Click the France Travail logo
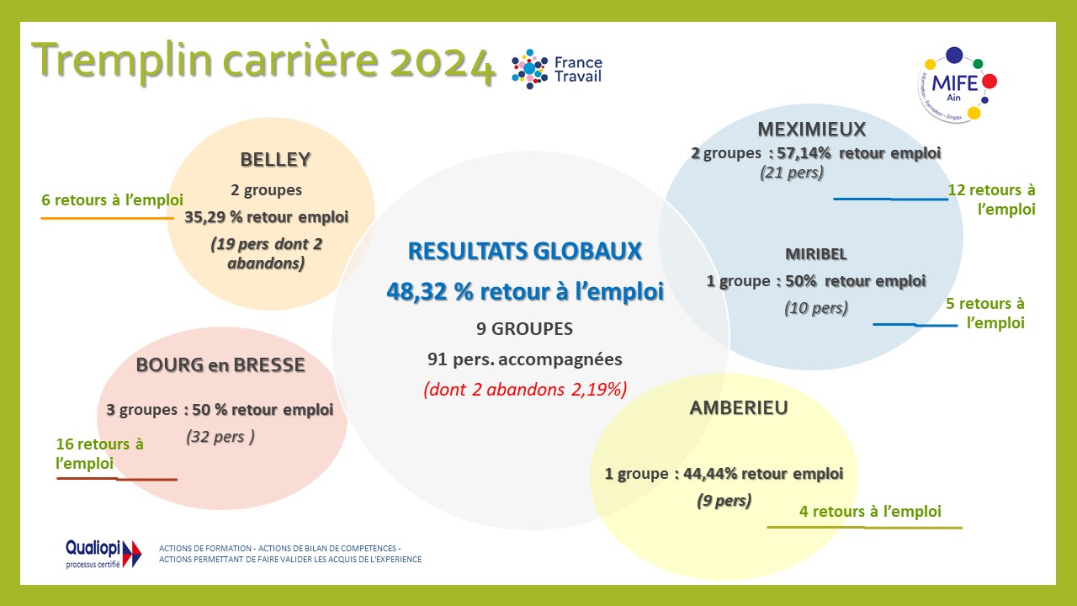(x=557, y=69)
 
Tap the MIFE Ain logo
(x=958, y=85)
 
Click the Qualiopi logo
(x=103, y=554)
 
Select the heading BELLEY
(x=275, y=160)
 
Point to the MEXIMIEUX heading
(x=812, y=130)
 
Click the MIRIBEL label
(x=816, y=254)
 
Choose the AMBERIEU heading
(x=739, y=408)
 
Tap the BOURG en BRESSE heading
(x=220, y=365)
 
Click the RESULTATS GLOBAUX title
(x=524, y=251)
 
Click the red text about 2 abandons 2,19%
(x=525, y=390)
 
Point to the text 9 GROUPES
(x=524, y=329)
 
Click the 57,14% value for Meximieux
(x=804, y=153)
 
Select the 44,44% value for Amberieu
(x=710, y=474)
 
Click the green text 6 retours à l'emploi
(x=112, y=200)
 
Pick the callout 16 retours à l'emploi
(x=99, y=454)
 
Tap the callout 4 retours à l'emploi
(x=870, y=511)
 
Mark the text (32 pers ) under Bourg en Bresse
(x=220, y=437)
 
